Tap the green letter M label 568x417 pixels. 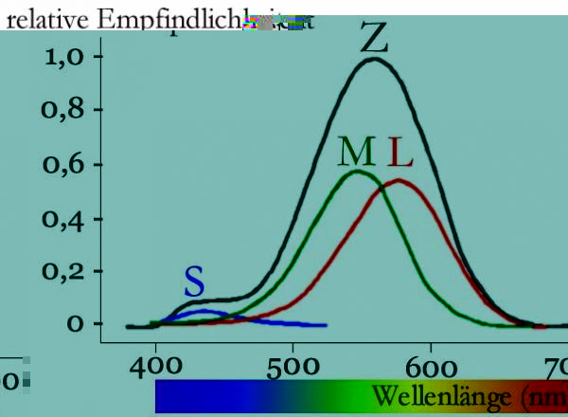(x=356, y=153)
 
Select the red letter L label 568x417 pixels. (x=398, y=153)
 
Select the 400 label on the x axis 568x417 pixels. (x=155, y=366)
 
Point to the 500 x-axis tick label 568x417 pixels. (x=293, y=366)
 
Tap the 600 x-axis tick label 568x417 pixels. (x=431, y=366)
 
